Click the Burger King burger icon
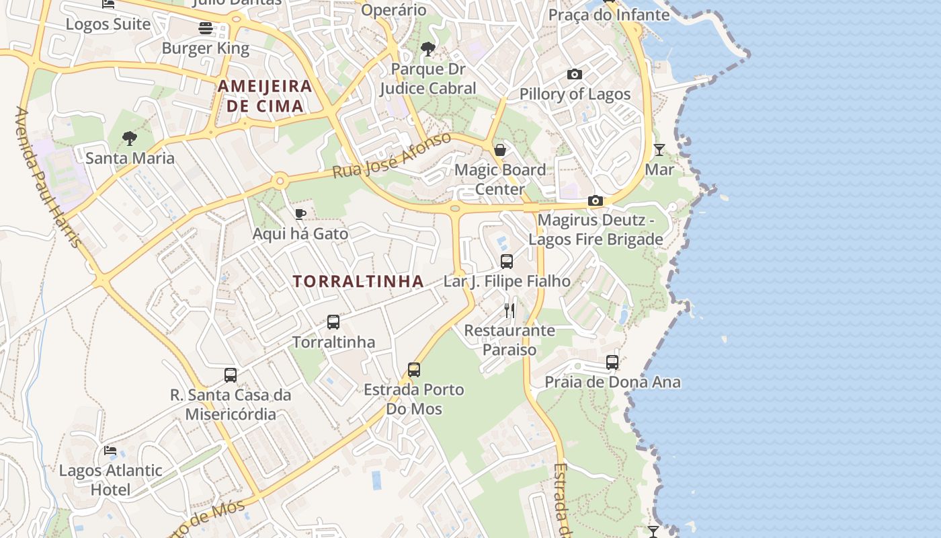coord(206,28)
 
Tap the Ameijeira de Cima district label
coord(265,95)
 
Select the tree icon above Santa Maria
coord(130,139)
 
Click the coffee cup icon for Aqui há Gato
coord(300,214)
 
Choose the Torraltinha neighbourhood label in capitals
coord(358,281)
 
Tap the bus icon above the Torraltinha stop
coord(333,322)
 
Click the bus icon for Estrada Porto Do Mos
coord(414,370)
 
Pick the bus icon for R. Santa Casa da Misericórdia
coord(231,375)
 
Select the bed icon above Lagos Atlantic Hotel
coord(110,451)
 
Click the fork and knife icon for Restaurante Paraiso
coord(509,310)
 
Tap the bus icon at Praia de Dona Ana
coord(612,362)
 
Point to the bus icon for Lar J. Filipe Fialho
coord(507,262)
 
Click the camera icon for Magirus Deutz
coord(595,200)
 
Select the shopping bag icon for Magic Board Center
coord(500,150)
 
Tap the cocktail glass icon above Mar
coord(659,149)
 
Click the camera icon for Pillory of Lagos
coord(575,75)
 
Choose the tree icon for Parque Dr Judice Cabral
coord(427,49)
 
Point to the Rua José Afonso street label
coord(393,156)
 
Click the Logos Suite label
coord(108,24)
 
